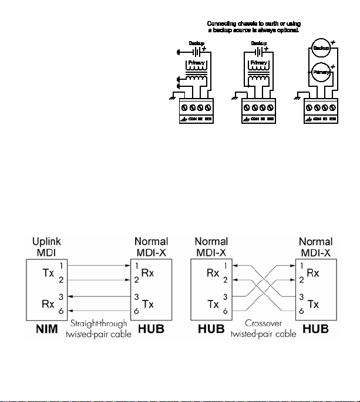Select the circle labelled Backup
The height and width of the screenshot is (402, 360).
pos(321,46)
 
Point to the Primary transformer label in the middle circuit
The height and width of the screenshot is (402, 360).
pos(258,63)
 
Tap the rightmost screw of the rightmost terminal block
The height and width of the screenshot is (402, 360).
pos(333,108)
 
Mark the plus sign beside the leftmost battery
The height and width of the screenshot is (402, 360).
pos(204,49)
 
